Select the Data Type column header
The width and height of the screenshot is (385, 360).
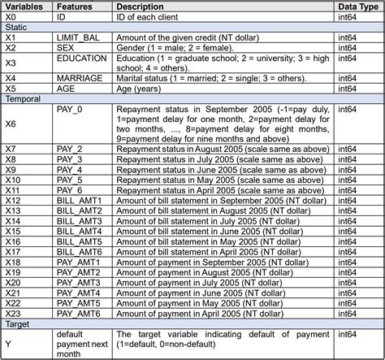pyautogui.click(x=358, y=7)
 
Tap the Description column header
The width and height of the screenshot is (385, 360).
pyautogui.click(x=144, y=7)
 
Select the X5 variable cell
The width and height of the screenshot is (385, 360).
pyautogui.click(x=11, y=89)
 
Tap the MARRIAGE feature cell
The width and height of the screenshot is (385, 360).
pyautogui.click(x=80, y=79)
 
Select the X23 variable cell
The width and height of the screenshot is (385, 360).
pyautogui.click(x=13, y=312)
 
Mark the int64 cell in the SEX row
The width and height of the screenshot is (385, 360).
pyautogui.click(x=347, y=48)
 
